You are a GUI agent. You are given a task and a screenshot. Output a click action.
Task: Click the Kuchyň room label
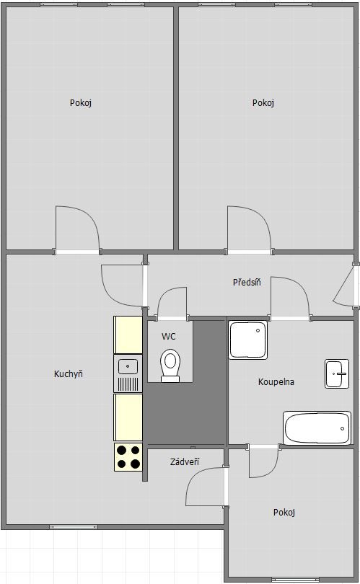69,373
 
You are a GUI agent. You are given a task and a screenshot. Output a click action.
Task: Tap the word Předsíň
247,282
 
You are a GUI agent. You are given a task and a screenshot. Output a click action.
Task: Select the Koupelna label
276,382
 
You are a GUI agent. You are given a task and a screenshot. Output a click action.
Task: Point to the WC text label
169,336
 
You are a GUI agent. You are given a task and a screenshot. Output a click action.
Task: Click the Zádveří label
185,462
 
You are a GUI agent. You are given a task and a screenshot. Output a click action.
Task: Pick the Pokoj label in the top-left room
81,103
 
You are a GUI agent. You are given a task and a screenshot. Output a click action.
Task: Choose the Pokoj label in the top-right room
263,103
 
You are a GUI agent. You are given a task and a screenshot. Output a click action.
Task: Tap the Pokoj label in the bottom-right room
284,513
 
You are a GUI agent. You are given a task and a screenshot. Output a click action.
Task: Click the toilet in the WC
170,365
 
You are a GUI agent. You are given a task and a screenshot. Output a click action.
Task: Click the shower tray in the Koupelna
249,340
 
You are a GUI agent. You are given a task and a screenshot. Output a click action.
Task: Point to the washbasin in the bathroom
339,373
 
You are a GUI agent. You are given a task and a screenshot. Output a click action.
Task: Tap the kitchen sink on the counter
128,366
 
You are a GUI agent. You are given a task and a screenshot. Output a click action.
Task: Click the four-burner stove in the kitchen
128,456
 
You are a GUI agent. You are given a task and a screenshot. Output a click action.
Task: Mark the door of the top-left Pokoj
78,229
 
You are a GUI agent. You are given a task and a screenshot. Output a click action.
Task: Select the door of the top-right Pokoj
249,229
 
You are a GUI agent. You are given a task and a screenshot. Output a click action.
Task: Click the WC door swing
172,303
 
